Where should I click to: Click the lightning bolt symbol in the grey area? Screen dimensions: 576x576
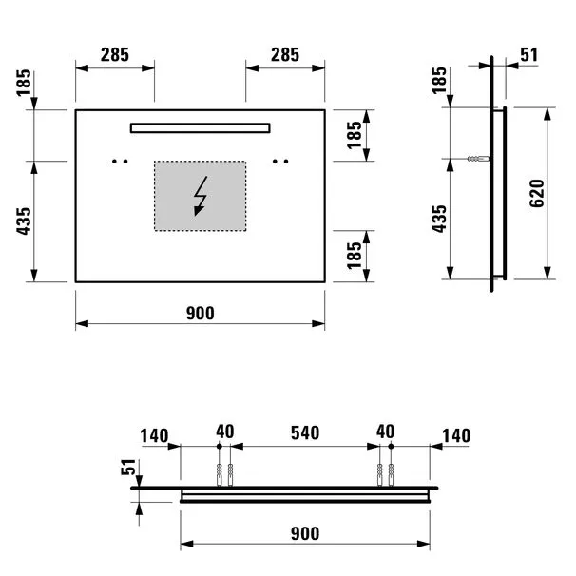click(x=201, y=196)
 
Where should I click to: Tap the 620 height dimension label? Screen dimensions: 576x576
click(x=537, y=194)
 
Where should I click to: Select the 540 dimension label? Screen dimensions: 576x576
click(x=305, y=432)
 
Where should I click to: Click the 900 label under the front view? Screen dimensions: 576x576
click(x=201, y=314)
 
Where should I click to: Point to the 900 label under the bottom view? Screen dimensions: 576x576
click(x=305, y=533)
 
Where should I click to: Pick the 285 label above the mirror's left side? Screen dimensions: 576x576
click(x=115, y=55)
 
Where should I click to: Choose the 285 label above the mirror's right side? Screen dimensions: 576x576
click(x=285, y=55)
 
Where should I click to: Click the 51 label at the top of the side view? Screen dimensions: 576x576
click(x=529, y=55)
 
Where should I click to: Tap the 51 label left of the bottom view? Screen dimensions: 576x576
click(x=128, y=467)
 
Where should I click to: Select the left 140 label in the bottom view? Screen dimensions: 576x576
click(x=154, y=436)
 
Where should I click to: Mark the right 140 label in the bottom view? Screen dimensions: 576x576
click(x=456, y=436)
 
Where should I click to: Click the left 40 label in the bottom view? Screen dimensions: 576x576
click(x=225, y=432)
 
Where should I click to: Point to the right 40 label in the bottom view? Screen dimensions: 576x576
click(x=385, y=432)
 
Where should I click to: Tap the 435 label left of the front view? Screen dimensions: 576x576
click(x=25, y=221)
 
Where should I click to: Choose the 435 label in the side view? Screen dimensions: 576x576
click(x=440, y=219)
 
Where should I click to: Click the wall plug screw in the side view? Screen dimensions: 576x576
click(x=478, y=159)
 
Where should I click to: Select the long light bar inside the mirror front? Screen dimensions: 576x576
click(x=201, y=127)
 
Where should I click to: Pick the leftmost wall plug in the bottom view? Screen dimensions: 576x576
click(x=220, y=475)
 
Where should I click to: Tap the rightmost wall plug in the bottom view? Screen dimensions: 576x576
click(x=391, y=475)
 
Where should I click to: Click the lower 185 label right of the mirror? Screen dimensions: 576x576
click(x=355, y=256)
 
